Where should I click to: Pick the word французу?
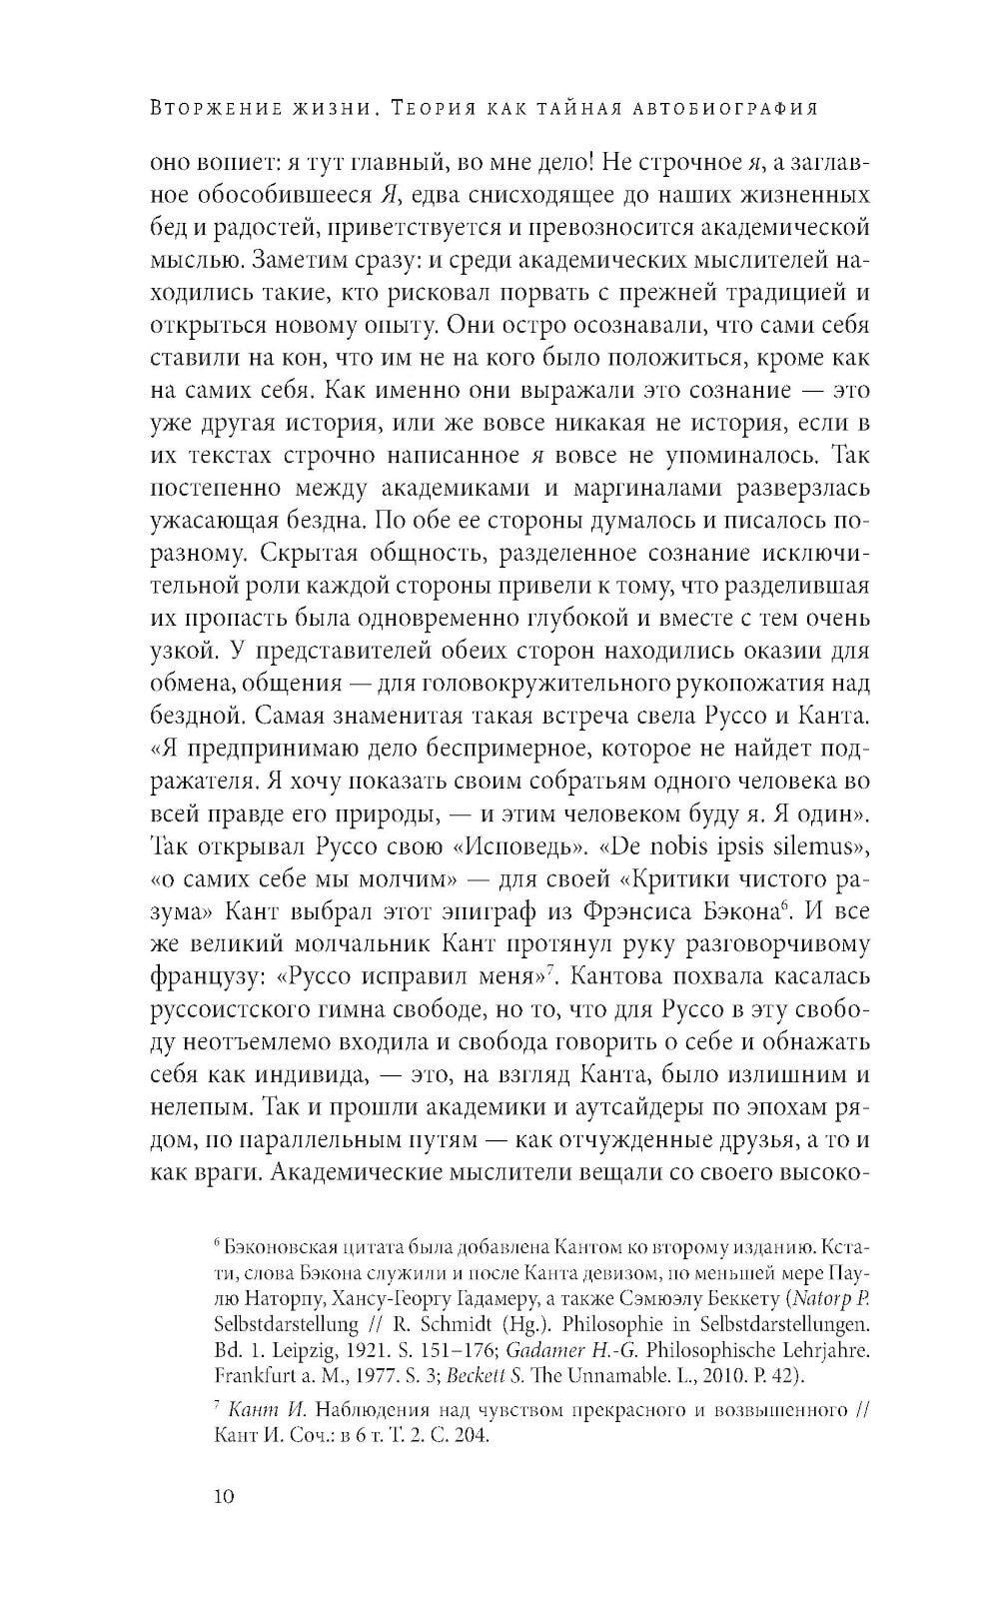[206, 974]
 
